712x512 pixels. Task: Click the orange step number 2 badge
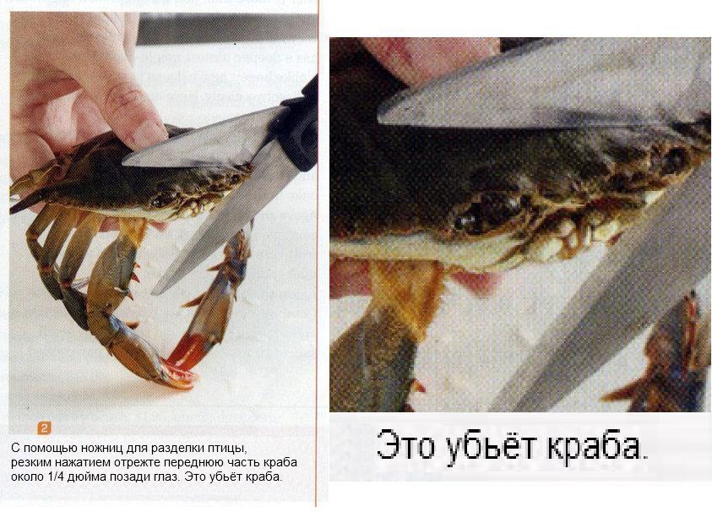pyautogui.click(x=44, y=428)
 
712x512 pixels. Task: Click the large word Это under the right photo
pyautogui.click(x=405, y=445)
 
